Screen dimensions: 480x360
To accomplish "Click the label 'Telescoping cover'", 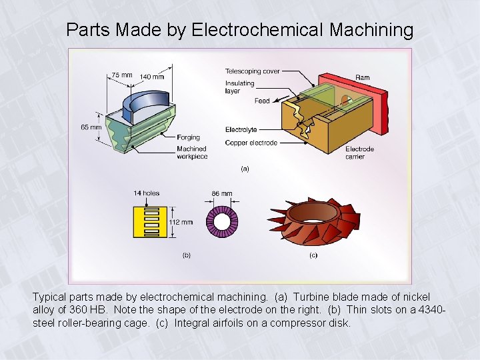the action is [x=252, y=71].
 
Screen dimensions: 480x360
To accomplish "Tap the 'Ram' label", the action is [x=362, y=78].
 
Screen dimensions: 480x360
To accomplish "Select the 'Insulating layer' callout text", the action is [x=239, y=87].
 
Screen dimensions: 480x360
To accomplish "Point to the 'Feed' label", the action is [x=262, y=101].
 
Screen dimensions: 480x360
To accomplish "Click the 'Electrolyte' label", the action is [x=241, y=130].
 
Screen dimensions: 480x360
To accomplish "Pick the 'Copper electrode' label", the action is [x=251, y=143].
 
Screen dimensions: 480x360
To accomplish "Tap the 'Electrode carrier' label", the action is [x=359, y=153].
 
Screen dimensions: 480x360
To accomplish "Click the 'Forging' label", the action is [x=188, y=138].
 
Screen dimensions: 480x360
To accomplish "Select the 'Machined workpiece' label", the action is [x=192, y=153].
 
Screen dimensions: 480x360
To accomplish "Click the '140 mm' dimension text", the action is [x=152, y=77].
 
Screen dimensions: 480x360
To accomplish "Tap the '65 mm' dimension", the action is [x=91, y=127].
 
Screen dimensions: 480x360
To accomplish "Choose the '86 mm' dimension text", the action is [x=222, y=194].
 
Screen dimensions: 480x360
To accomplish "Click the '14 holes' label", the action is [x=146, y=193].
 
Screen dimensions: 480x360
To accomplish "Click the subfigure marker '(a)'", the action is [x=245, y=169].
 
